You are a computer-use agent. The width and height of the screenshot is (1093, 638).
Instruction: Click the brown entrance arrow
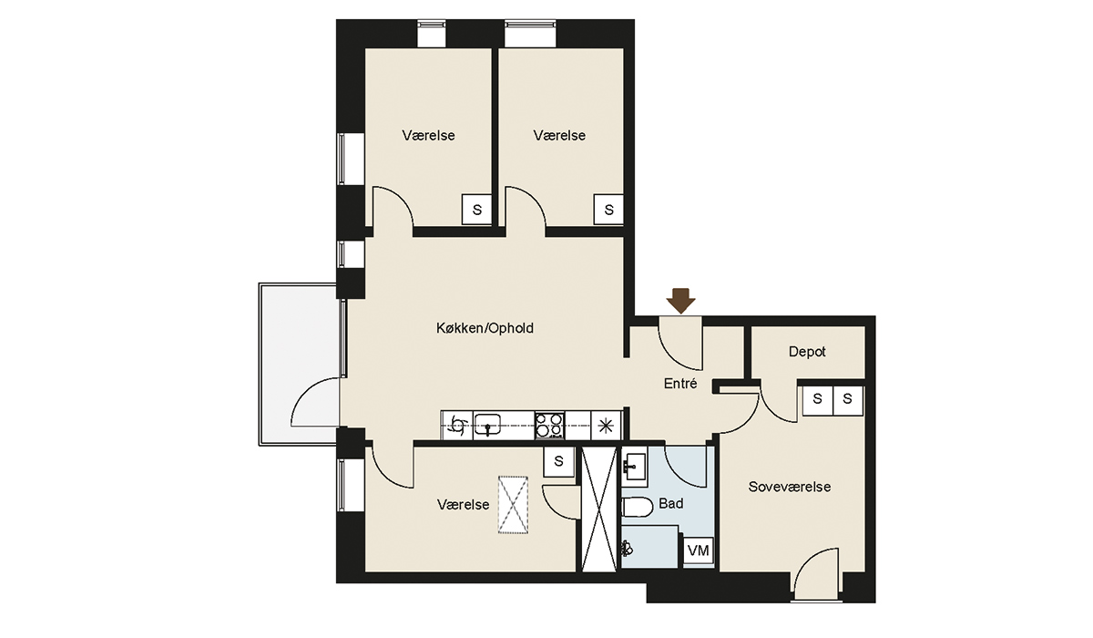(680, 300)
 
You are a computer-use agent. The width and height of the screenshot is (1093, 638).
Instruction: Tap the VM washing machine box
(699, 551)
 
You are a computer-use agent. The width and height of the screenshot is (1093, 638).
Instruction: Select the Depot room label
(807, 352)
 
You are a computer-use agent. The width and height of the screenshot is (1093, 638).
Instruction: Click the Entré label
(680, 384)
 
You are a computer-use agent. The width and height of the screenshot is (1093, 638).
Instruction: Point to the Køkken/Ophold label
(485, 328)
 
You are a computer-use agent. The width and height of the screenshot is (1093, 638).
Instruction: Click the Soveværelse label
(790, 487)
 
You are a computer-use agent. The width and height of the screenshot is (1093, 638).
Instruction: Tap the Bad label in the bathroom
(671, 503)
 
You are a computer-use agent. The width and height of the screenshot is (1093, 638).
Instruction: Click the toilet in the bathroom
(638, 507)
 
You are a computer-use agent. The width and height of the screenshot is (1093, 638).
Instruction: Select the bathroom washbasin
(634, 467)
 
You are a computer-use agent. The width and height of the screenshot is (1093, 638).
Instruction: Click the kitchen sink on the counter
(487, 425)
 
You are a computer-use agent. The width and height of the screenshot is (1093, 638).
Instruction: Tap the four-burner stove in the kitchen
(550, 426)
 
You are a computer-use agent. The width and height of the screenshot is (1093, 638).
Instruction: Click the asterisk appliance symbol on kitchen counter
(606, 427)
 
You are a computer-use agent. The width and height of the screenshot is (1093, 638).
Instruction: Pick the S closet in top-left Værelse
(476, 210)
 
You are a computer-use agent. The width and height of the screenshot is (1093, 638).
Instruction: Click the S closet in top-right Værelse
(608, 210)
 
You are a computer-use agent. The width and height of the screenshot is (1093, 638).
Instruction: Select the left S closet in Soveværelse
(818, 400)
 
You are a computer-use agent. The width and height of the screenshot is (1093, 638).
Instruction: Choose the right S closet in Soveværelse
(848, 400)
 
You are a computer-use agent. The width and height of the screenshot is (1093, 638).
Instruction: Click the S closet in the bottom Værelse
(559, 461)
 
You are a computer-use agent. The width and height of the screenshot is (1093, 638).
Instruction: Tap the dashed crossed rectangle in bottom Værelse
(513, 505)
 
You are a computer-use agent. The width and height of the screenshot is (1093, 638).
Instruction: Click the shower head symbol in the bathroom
(627, 550)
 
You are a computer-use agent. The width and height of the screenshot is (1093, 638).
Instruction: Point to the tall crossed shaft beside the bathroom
(599, 509)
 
